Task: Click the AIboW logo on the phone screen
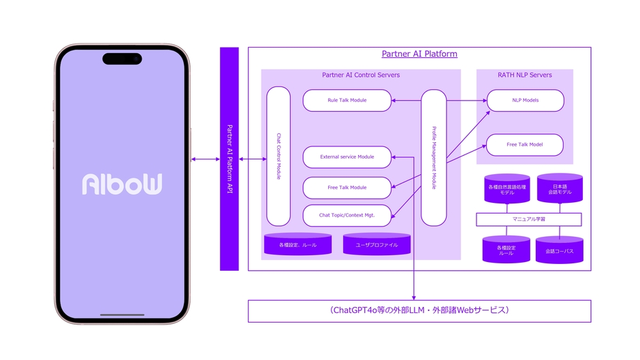click(122, 184)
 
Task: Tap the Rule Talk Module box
click(347, 101)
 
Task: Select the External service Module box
click(347, 157)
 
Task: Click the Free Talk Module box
click(347, 188)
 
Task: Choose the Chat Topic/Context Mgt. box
click(347, 216)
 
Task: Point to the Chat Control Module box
click(278, 157)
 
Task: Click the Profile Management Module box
click(434, 157)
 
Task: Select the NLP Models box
click(525, 101)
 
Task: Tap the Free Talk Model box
click(525, 145)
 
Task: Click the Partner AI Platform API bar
click(229, 159)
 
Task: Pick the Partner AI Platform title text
click(419, 54)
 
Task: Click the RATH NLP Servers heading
click(524, 75)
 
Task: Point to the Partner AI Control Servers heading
click(361, 75)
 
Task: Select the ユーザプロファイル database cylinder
click(377, 244)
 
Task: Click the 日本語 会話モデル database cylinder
click(560, 189)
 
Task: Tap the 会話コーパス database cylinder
click(559, 250)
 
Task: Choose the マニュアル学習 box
click(528, 220)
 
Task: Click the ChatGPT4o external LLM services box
click(419, 311)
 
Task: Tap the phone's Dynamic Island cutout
click(122, 59)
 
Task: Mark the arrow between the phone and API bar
click(204, 159)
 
